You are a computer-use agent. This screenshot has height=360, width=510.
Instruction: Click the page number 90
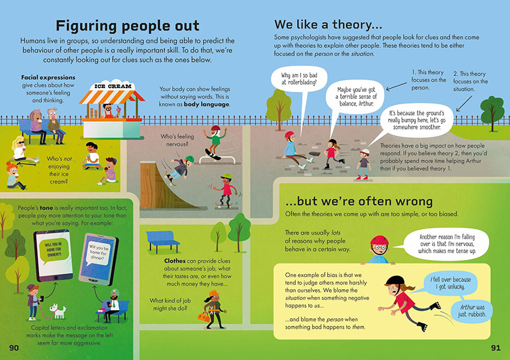point(14,347)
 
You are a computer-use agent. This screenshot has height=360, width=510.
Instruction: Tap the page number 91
point(496,347)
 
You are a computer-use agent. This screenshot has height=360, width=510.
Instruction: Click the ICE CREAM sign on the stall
point(113,86)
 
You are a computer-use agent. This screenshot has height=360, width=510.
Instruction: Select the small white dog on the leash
point(58,311)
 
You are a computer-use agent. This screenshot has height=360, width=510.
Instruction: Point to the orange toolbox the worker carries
point(203,317)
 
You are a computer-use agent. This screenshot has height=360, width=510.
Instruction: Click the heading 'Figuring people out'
point(127,26)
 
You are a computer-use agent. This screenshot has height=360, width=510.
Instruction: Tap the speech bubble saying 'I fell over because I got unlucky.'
point(451,284)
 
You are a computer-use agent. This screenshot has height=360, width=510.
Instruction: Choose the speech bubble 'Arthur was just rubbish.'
point(472,311)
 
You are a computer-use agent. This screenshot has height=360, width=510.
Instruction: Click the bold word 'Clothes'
point(175,261)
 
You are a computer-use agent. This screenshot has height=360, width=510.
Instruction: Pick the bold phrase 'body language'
point(206,104)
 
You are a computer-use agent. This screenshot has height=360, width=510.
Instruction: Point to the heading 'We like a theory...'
point(328,25)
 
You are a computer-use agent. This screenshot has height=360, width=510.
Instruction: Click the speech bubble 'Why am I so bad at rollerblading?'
point(299,79)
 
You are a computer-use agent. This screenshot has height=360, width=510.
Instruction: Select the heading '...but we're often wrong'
point(359,202)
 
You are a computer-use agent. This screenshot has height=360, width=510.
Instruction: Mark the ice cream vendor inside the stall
point(109,111)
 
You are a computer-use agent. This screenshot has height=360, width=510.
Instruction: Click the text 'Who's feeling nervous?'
point(177,140)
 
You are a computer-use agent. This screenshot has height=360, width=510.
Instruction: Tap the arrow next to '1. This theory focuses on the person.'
point(396,86)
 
